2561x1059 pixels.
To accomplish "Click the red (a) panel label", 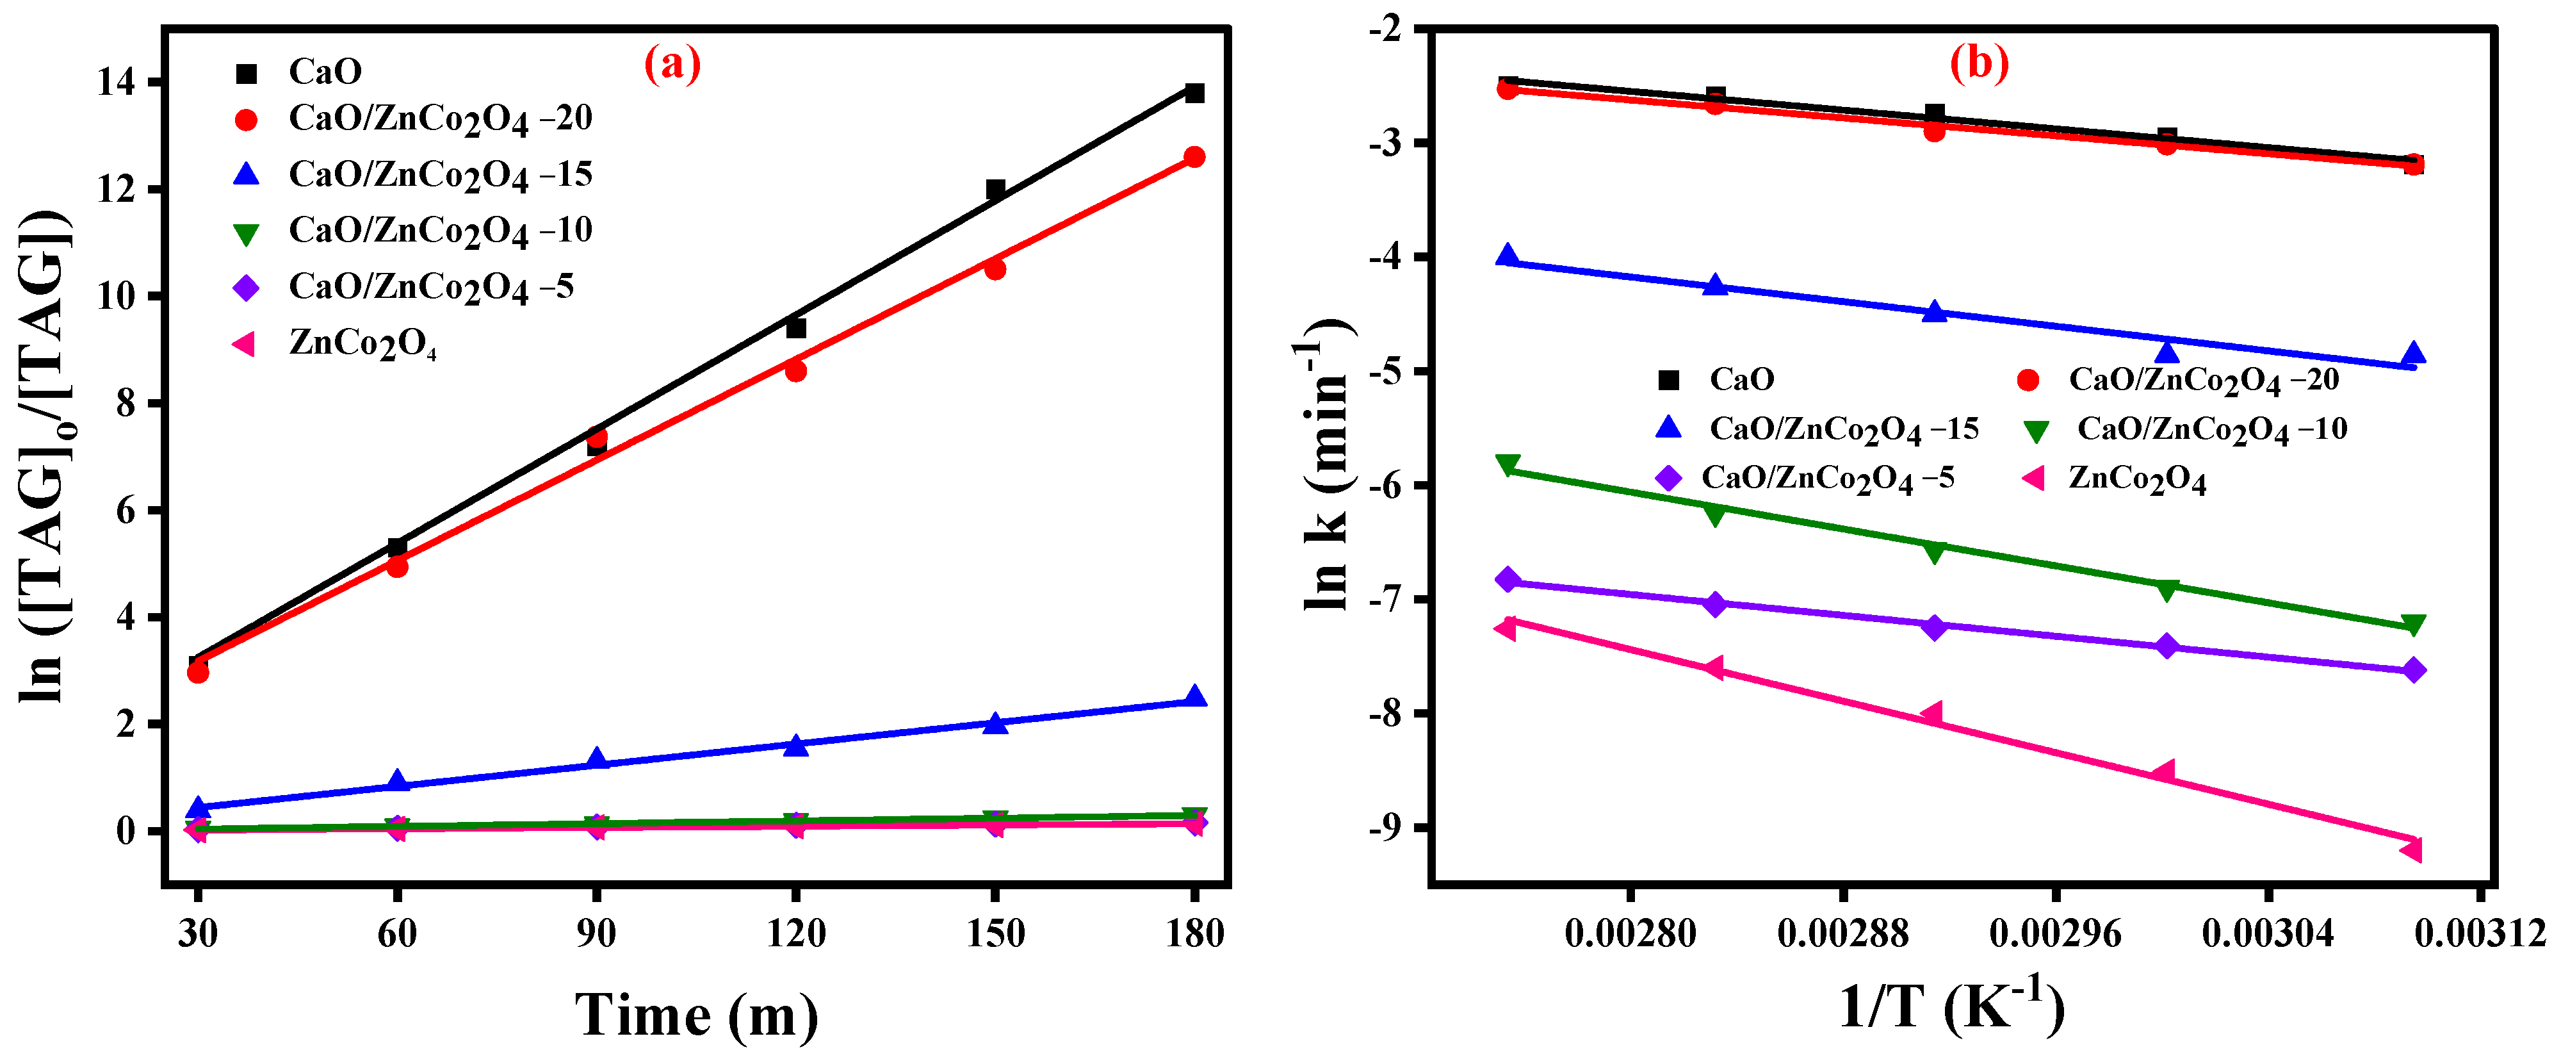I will (x=672, y=65).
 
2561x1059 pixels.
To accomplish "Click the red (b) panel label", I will (x=1978, y=63).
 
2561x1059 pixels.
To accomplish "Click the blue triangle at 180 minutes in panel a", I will (x=1195, y=696).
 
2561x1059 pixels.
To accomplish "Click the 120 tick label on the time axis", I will (x=795, y=933).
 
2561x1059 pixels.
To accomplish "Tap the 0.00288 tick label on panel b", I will (x=1842, y=933).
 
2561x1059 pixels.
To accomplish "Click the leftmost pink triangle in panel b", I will (x=1506, y=627).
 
